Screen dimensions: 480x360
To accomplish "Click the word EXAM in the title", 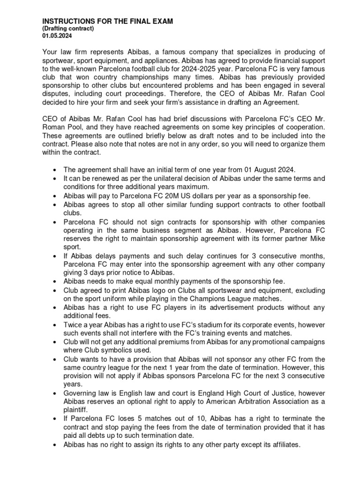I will [159, 21].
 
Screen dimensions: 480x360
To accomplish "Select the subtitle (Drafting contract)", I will [68, 29].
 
